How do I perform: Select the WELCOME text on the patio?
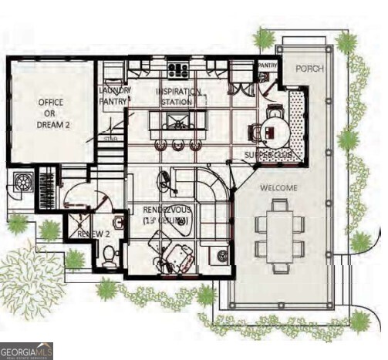[x=278, y=187]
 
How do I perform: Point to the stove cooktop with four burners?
[x=178, y=70]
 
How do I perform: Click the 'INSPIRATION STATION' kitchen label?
[x=179, y=96]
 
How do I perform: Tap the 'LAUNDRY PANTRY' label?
[x=115, y=95]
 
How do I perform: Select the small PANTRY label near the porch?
[x=267, y=66]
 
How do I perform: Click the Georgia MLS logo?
[x=27, y=351]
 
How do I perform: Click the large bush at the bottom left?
[x=31, y=271]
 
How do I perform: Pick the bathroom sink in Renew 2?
[x=118, y=224]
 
